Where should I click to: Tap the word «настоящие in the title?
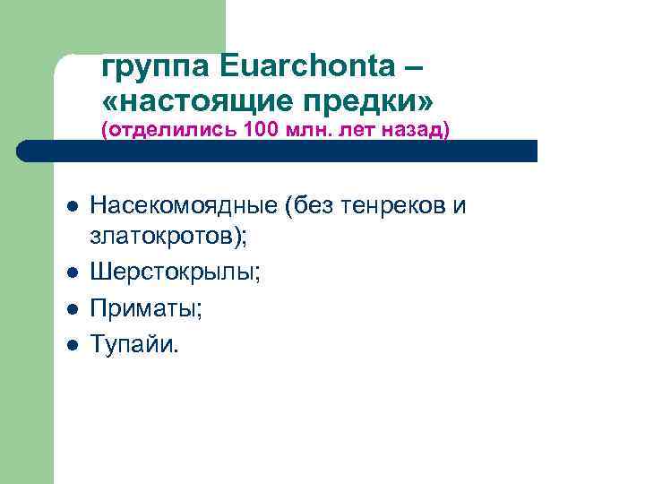198,96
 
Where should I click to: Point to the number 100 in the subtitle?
259,130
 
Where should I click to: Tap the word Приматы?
147,309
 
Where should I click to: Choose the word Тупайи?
134,345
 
